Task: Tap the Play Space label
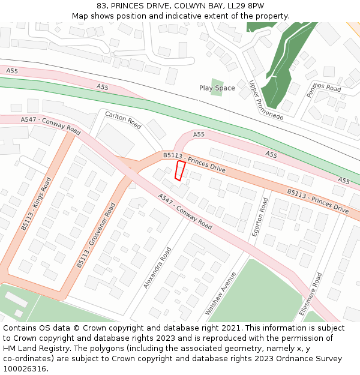(217, 88)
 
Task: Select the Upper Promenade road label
(266, 100)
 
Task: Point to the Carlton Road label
(123, 120)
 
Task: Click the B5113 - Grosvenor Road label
(96, 235)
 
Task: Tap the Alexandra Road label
(158, 268)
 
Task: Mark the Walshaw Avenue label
(221, 293)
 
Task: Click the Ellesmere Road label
(311, 294)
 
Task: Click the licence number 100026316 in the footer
(25, 368)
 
